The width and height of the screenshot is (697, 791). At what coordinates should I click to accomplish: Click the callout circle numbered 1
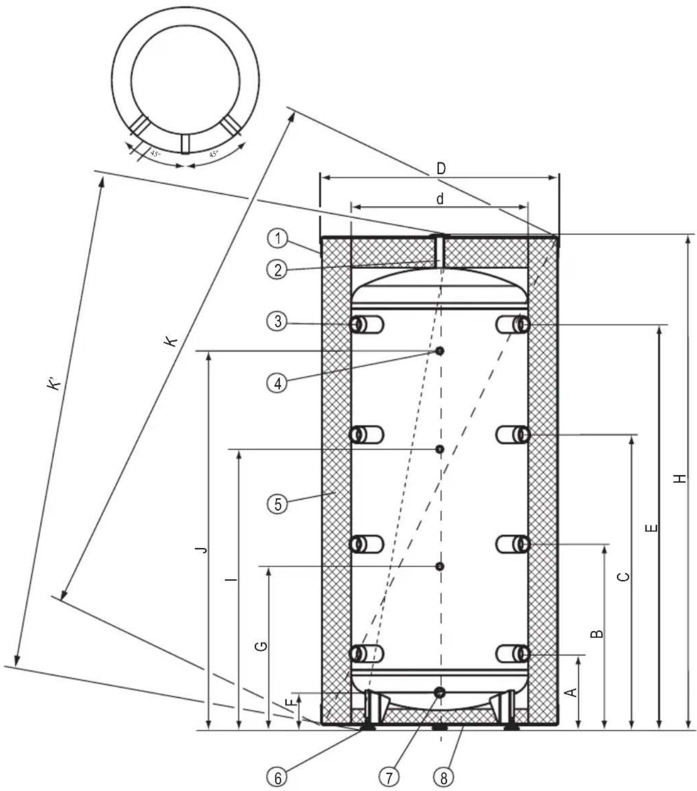pos(278,239)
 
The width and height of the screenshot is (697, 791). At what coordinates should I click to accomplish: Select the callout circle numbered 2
pos(278,270)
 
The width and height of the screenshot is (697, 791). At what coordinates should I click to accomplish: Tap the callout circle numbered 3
pos(278,321)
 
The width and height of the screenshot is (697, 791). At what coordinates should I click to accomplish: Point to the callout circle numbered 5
pos(278,504)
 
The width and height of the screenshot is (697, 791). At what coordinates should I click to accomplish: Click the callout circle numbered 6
pos(278,778)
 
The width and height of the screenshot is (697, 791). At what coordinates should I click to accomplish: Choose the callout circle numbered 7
pos(389,778)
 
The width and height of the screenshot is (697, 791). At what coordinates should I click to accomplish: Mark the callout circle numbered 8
pos(443,778)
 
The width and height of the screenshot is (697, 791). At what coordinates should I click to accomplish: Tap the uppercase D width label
pos(441,169)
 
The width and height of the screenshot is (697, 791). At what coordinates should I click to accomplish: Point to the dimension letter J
pos(202,549)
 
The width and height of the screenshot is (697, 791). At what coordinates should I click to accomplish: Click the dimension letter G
pos(260,646)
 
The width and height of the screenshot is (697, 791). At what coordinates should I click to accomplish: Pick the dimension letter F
pos(289,703)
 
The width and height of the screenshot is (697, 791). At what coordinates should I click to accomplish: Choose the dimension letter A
pos(572,692)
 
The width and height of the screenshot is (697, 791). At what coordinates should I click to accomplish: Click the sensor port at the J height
pos(440,351)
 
